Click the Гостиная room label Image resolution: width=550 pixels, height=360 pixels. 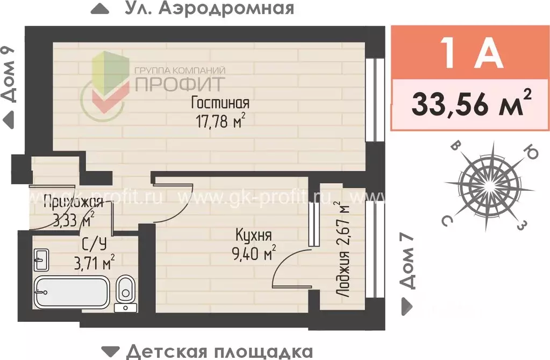pos(220,103)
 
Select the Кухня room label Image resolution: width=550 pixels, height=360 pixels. pos(253,235)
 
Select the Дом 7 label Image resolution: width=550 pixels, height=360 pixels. pos(410,261)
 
